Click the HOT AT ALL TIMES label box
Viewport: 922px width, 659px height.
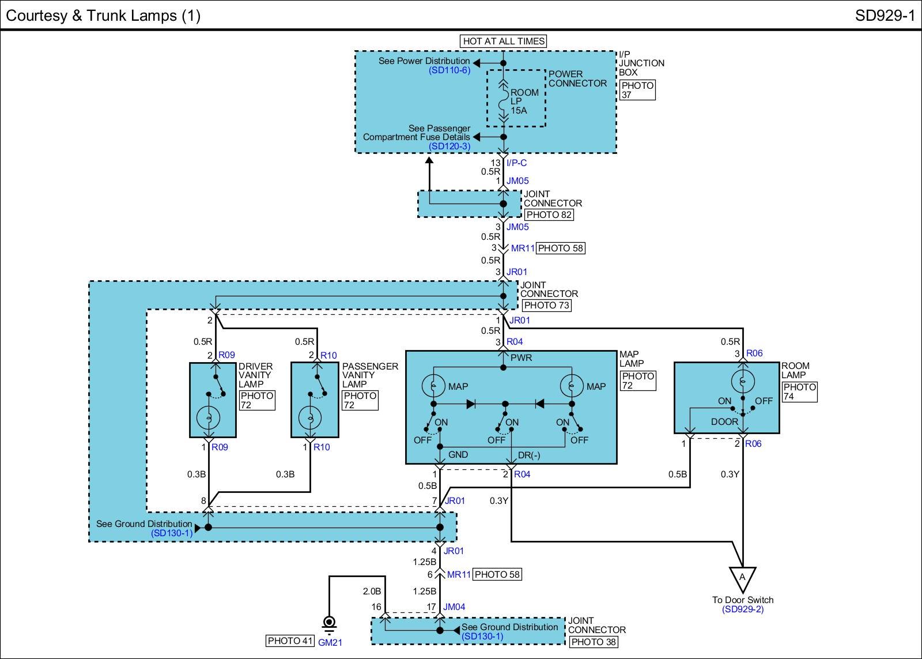(x=504, y=41)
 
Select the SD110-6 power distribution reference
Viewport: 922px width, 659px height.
(x=449, y=70)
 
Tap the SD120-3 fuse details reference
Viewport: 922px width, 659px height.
(x=449, y=146)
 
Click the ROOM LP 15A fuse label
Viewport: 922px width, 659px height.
(x=524, y=101)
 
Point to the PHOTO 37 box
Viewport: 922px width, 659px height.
(x=637, y=90)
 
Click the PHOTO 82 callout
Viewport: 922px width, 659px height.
(x=549, y=214)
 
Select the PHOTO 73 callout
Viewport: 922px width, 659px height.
(x=546, y=305)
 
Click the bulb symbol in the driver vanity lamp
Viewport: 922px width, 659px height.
(x=207, y=417)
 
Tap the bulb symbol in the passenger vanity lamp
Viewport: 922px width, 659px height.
(x=309, y=417)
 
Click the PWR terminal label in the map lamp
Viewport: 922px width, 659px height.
(x=521, y=357)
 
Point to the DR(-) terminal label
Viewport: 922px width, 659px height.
(x=529, y=455)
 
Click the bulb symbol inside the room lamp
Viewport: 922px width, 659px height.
(x=742, y=382)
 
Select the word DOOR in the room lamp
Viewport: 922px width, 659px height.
(x=724, y=421)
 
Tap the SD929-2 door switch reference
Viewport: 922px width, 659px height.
(x=742, y=609)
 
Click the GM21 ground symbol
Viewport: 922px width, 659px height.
(x=329, y=624)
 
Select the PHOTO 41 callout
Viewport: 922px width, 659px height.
(x=290, y=641)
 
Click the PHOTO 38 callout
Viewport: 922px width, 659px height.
(x=593, y=642)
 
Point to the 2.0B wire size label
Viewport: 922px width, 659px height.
(x=372, y=591)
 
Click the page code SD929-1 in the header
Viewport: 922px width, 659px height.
(x=885, y=16)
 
